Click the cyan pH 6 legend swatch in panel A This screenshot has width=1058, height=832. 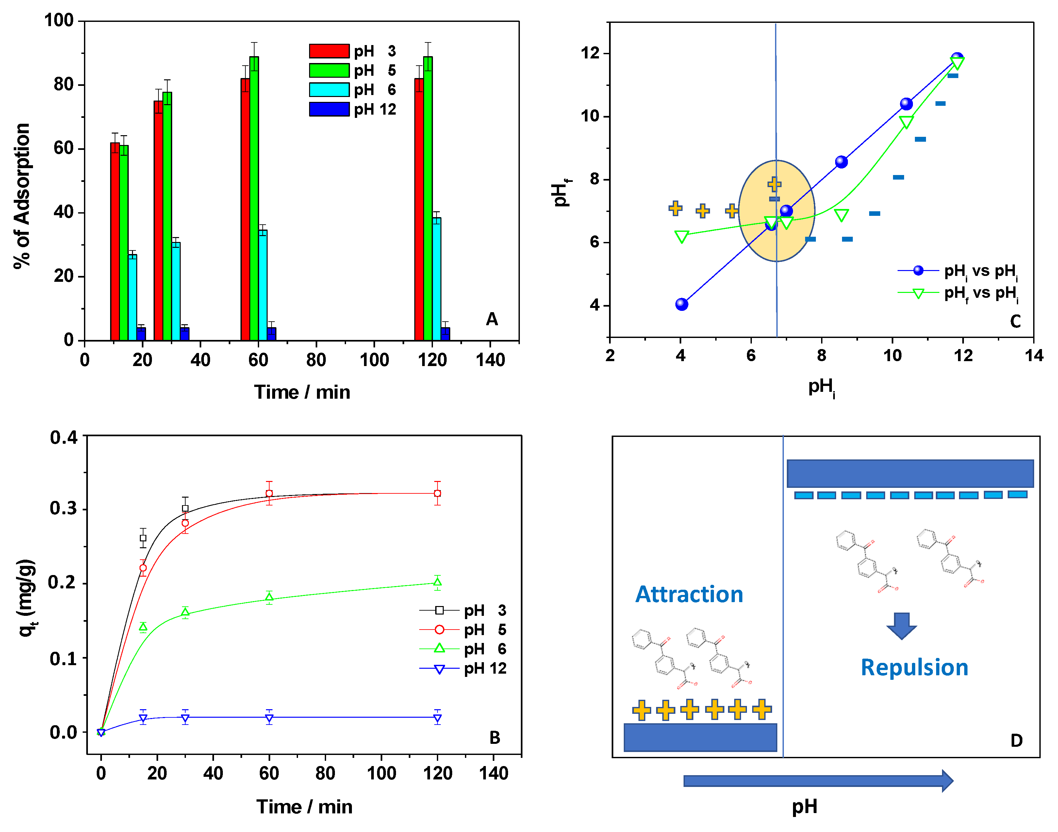point(329,89)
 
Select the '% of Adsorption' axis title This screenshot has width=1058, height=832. point(22,196)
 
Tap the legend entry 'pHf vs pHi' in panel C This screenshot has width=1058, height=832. point(980,293)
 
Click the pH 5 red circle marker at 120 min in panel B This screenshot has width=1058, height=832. point(437,493)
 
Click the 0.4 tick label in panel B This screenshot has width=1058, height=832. point(64,438)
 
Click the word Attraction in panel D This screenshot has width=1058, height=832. point(689,594)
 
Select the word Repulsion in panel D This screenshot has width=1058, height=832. point(914,667)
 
